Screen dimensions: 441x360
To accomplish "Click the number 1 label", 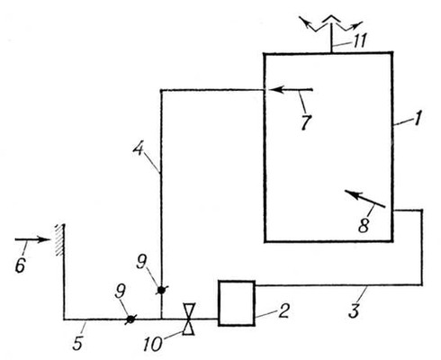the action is pyautogui.click(x=417, y=118).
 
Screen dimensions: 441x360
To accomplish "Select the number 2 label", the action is pyautogui.click(x=283, y=310).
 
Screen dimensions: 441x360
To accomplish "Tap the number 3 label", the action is pyautogui.click(x=355, y=310).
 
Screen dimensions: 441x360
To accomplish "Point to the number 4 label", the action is pyautogui.click(x=139, y=148).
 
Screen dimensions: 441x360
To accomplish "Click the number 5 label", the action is pyautogui.click(x=77, y=343).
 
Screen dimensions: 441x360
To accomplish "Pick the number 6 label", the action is pyautogui.click(x=21, y=265).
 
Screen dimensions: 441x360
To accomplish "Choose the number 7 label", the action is pyautogui.click(x=306, y=122).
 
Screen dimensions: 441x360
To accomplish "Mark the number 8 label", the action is pyautogui.click(x=364, y=225).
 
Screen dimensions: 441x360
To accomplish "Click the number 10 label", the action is pyautogui.click(x=153, y=344).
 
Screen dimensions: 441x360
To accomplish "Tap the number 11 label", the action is pyautogui.click(x=359, y=41).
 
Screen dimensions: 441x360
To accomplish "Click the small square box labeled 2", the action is pyautogui.click(x=237, y=303).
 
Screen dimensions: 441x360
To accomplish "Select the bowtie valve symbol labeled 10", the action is pyautogui.click(x=189, y=319).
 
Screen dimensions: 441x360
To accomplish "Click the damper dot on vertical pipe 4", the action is pyautogui.click(x=161, y=290).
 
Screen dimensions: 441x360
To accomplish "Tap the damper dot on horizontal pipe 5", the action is pyautogui.click(x=130, y=319).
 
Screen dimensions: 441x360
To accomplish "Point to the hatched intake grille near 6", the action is pyautogui.click(x=60, y=239).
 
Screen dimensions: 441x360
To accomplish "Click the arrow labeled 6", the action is pyautogui.click(x=32, y=239).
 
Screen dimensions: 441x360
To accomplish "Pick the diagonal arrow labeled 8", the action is pyautogui.click(x=364, y=199).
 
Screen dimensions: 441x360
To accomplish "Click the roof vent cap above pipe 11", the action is pyautogui.click(x=331, y=23).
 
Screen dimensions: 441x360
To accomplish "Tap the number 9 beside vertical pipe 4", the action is pyautogui.click(x=141, y=263).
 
